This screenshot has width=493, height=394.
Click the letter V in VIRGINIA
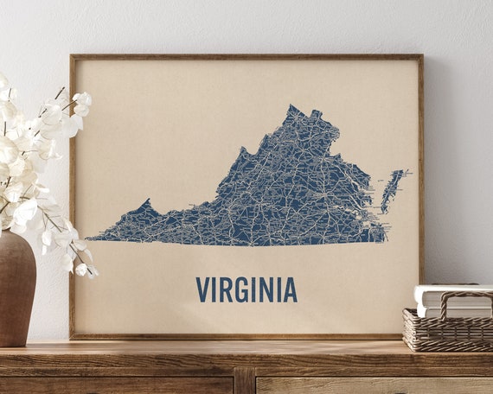[x=202, y=289]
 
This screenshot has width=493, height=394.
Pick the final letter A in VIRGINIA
[x=290, y=289]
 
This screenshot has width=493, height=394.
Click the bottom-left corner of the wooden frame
[x=73, y=336]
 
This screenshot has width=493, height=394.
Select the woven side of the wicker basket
[x=445, y=333]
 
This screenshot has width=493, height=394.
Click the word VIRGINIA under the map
[x=246, y=289]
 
